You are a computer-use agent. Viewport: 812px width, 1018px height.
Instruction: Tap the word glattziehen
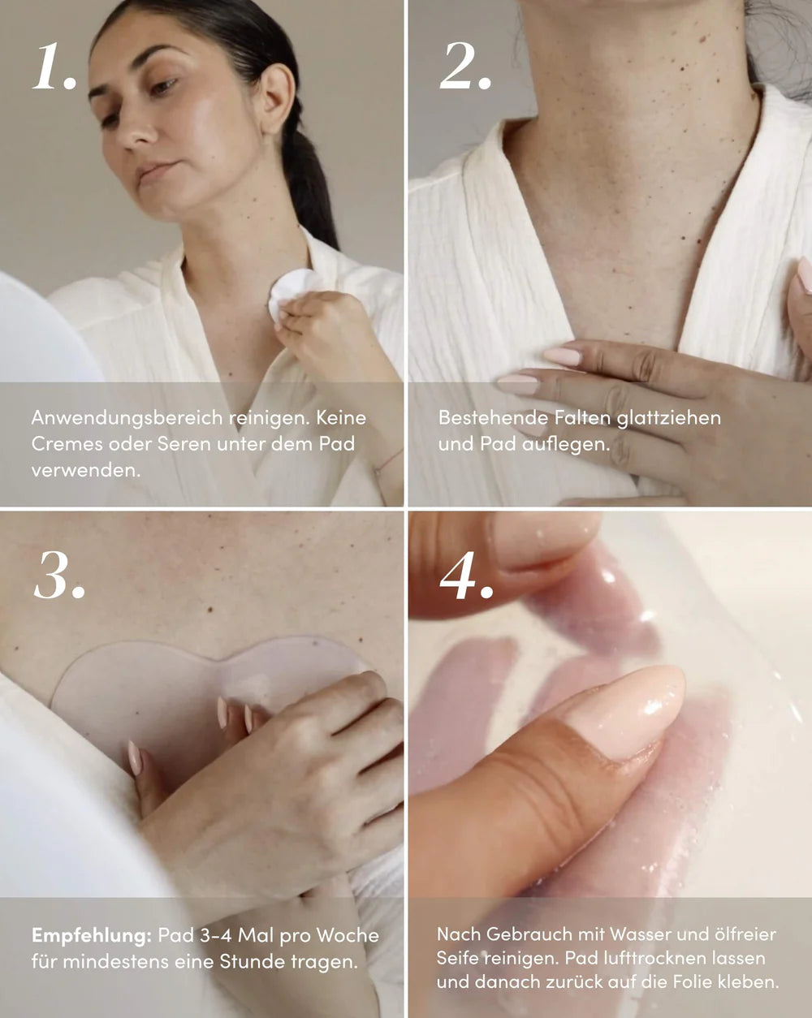click(668, 418)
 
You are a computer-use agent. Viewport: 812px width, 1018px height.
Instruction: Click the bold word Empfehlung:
click(91, 935)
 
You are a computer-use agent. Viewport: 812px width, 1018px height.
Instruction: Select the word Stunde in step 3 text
click(250, 962)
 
